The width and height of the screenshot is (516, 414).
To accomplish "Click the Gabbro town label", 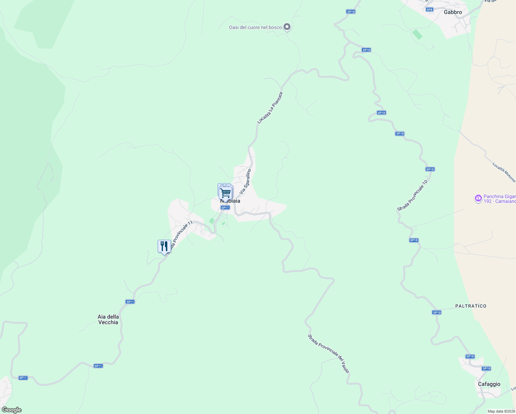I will click(x=453, y=12).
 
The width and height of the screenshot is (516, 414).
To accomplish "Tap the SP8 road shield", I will click(x=429, y=10).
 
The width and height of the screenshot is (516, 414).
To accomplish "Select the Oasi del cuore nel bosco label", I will click(x=255, y=27).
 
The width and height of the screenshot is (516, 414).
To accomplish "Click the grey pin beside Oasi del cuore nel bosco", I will click(x=287, y=27).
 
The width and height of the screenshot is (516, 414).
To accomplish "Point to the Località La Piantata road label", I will click(x=270, y=108).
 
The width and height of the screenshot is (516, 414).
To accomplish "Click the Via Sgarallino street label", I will click(x=245, y=181).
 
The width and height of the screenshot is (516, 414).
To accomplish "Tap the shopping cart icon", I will click(x=226, y=193).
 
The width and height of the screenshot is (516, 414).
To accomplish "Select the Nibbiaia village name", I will click(x=230, y=201).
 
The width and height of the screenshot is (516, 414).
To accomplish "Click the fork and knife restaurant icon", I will click(x=164, y=246).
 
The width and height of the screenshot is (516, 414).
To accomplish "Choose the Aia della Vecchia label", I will click(x=108, y=319).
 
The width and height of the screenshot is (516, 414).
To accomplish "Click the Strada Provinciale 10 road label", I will click(x=412, y=196).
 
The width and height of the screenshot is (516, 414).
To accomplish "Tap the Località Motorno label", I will click(x=504, y=172).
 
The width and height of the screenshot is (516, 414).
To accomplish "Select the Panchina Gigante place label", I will click(x=499, y=199).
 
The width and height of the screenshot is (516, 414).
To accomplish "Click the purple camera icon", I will click(x=478, y=198).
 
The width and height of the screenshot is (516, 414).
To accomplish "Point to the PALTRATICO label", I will click(x=470, y=306).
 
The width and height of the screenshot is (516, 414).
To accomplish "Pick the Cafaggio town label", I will click(x=489, y=384).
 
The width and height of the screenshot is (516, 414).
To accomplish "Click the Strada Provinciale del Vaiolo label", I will click(x=328, y=353).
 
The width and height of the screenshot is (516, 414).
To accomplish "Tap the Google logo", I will click(x=12, y=410).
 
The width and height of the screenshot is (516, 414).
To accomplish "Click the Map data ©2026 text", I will click(x=501, y=411).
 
